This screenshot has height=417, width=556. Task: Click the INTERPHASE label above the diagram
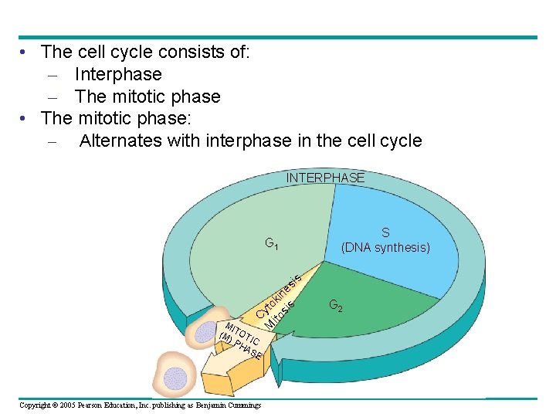[325, 178]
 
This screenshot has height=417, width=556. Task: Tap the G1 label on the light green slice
[272, 245]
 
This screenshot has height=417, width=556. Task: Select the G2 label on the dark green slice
[336, 305]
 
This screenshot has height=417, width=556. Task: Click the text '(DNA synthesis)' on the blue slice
[385, 247]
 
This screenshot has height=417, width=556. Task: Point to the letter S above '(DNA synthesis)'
[385, 232]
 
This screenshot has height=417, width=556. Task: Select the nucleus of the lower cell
[175, 378]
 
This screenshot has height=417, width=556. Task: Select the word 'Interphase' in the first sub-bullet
[118, 74]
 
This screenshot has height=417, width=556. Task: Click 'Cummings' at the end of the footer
[242, 405]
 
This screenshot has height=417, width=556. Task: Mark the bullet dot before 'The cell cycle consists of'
[25, 53]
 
